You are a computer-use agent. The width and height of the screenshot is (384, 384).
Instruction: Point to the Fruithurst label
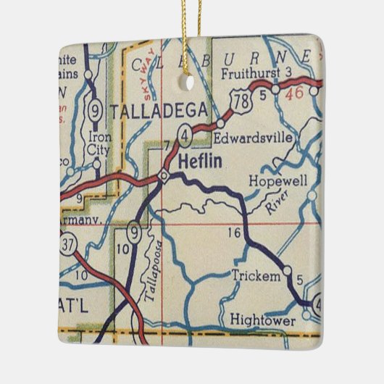pyautogui.click(x=251, y=72)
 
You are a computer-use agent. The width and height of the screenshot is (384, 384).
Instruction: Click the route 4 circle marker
pyautogui.click(x=186, y=134)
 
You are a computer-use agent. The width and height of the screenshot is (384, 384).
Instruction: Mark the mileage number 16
pyautogui.click(x=233, y=233)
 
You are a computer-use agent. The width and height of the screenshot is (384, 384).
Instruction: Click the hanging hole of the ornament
pyautogui.click(x=191, y=83)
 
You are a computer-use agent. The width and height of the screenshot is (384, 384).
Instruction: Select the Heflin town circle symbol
pyautogui.click(x=164, y=175)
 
